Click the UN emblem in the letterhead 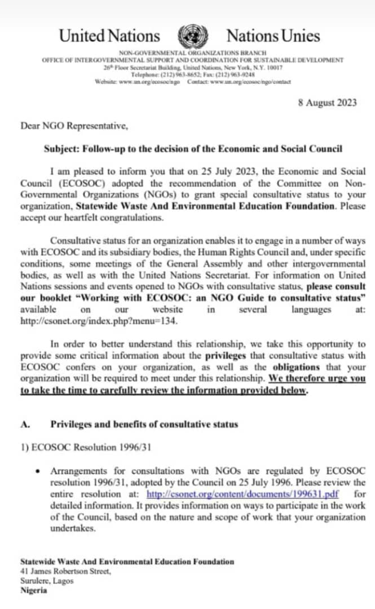coord(193,37)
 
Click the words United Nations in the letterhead coord(109,37)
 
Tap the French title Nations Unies coord(273,37)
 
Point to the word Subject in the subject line coord(61,148)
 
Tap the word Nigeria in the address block coord(34,590)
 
